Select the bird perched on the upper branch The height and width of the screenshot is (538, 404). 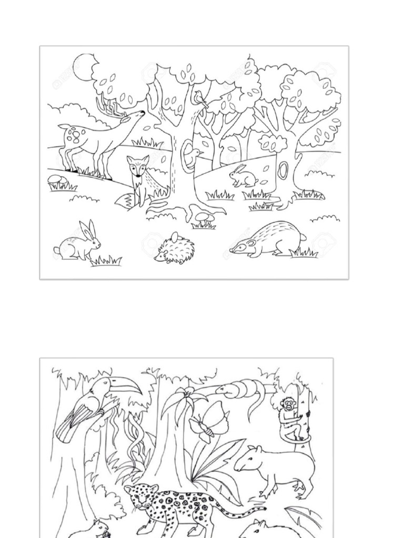pyautogui.click(x=199, y=97)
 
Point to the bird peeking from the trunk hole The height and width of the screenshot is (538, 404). pyautogui.click(x=195, y=152)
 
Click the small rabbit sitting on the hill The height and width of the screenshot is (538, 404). pyautogui.click(x=243, y=177)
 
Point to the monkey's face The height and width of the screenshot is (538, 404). pyautogui.click(x=288, y=405)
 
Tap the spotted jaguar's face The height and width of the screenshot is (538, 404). pyautogui.click(x=138, y=496)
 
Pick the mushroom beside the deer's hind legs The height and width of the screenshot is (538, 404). pyautogui.click(x=55, y=180)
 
